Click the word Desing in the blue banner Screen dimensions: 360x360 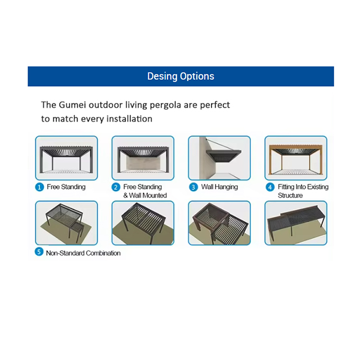click(x=162, y=76)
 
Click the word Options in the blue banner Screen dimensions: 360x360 click(x=197, y=76)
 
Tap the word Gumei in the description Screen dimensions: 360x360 click(x=73, y=105)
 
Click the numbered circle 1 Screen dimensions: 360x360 click(x=39, y=187)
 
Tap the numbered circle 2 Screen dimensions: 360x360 click(x=116, y=187)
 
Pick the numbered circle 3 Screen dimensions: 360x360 click(x=193, y=187)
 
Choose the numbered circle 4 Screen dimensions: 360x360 click(x=270, y=187)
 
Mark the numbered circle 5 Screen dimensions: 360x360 click(x=39, y=251)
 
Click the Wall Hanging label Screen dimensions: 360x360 click(x=219, y=187)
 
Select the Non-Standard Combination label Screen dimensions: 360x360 click(x=83, y=253)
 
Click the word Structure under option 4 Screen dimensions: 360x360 click(x=290, y=195)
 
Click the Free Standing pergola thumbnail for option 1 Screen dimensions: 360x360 click(x=66, y=158)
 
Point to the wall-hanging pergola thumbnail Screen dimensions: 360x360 click(x=219, y=158)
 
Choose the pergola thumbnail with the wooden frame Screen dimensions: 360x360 click(x=296, y=158)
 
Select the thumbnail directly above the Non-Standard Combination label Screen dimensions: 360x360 click(x=66, y=223)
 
